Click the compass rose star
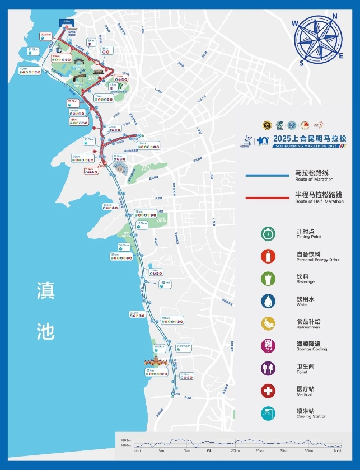tap(317, 40)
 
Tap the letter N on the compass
tap(334, 17)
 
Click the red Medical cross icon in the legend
tap(268, 391)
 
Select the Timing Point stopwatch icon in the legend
tap(268, 234)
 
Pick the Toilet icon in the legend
tap(268, 368)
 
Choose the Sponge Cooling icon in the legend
tap(268, 346)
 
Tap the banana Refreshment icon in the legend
tap(268, 323)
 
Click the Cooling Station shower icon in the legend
tap(268, 413)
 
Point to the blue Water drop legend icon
tap(268, 301)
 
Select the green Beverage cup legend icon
tap(268, 279)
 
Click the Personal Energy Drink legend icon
tap(268, 256)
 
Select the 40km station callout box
tap(30, 71)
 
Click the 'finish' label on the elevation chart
tap(338, 450)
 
